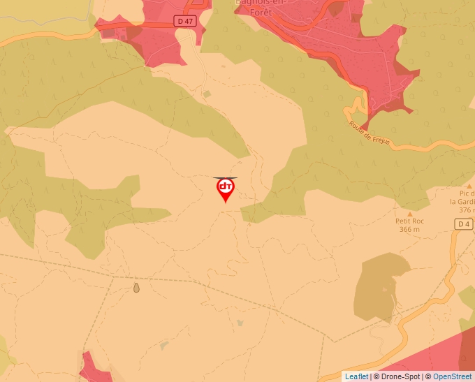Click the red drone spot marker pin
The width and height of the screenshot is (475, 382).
225,189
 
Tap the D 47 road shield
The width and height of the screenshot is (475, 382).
184,22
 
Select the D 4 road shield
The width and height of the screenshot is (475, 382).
463,224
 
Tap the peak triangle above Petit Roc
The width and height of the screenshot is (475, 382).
410,213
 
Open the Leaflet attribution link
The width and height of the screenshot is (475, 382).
356,376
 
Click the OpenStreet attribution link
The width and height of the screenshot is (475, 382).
453,376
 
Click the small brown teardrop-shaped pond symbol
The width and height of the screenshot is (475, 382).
136,287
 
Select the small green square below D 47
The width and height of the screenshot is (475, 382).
206,94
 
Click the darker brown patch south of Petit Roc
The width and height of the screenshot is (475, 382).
381,286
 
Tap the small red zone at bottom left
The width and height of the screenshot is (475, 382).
94,367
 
